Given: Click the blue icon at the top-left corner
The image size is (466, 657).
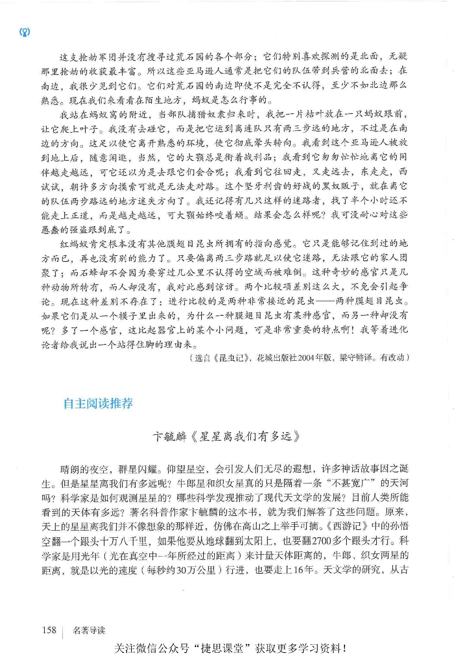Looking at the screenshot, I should [25, 32].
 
